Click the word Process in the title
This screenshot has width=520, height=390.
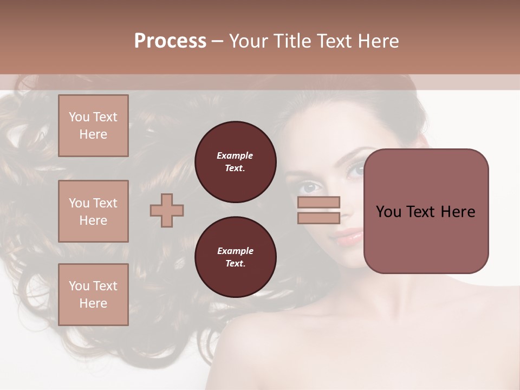(x=170, y=41)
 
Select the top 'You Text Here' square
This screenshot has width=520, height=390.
(x=93, y=126)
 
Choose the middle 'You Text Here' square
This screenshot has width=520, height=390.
(x=93, y=211)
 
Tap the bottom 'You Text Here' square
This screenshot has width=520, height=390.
(x=93, y=295)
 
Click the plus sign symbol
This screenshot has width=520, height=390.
(x=167, y=210)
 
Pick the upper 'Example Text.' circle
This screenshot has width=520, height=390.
(x=235, y=162)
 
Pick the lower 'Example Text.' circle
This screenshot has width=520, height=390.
(x=235, y=257)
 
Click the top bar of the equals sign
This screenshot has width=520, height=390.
(x=318, y=202)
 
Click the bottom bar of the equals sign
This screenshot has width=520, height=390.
(x=318, y=218)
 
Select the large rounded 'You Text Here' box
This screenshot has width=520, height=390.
(x=426, y=211)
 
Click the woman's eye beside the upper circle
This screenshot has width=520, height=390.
(x=309, y=187)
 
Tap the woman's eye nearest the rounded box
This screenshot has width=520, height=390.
(x=356, y=171)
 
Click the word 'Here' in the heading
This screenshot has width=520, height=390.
(x=378, y=41)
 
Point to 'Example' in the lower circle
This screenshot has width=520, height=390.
(x=235, y=251)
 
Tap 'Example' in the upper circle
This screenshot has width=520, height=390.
(x=235, y=155)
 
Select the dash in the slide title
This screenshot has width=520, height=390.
(x=217, y=41)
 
